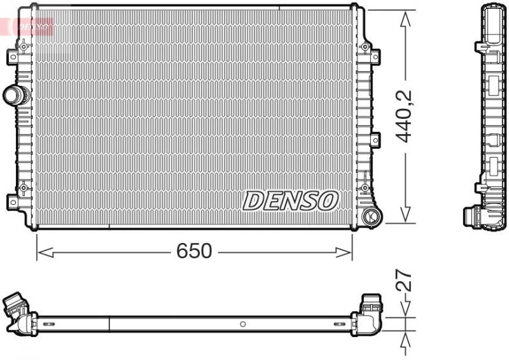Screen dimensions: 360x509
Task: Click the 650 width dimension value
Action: [x=193, y=251]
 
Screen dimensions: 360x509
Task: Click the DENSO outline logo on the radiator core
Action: [x=290, y=201]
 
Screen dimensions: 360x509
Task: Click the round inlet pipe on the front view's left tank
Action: [x=15, y=96]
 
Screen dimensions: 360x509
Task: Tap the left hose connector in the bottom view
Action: [x=18, y=310]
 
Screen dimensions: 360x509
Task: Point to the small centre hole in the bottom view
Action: [x=242, y=324]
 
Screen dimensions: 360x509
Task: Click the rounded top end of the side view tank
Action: [x=493, y=10]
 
